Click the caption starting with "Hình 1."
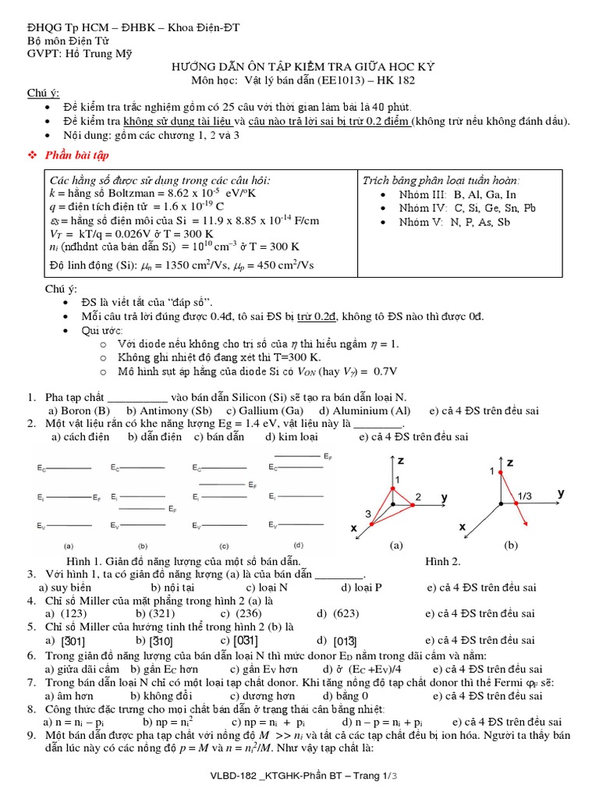183,561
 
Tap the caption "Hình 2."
442,561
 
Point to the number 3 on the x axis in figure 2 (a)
369,512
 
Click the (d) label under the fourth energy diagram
298,545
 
